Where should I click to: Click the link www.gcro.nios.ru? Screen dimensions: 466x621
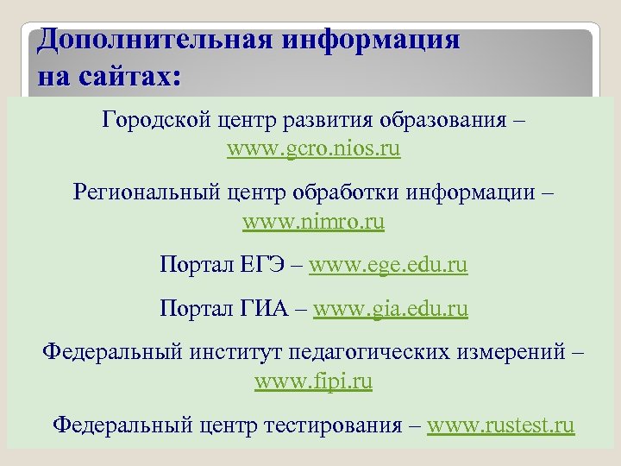click(314, 149)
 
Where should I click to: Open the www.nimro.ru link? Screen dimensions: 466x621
click(314, 223)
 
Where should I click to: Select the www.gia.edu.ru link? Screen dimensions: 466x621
click(390, 308)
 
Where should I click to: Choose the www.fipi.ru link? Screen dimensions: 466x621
click(314, 381)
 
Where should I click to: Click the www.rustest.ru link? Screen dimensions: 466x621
click(500, 425)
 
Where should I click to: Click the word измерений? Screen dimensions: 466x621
click(511, 351)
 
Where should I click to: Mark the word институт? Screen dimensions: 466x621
click(223, 351)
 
